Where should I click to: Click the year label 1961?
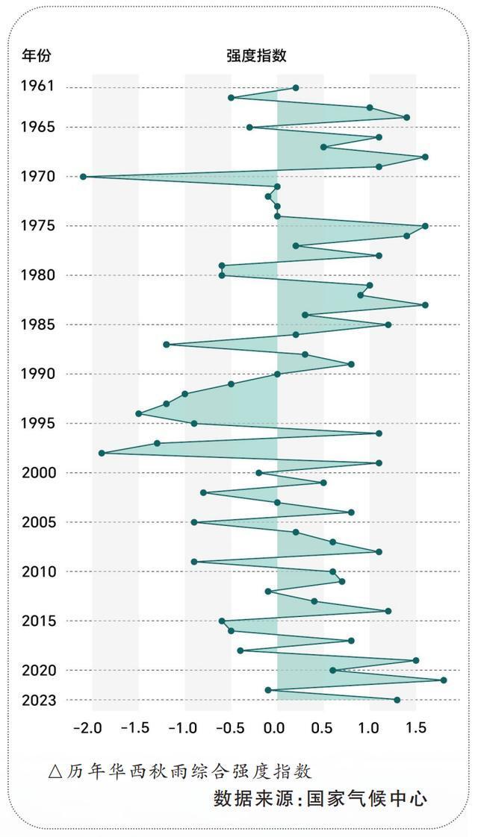point(37,87)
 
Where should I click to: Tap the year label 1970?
point(37,176)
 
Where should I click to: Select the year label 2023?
point(37,700)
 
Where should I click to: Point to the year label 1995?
point(37,423)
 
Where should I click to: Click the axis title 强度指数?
point(256,55)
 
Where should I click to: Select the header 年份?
point(37,55)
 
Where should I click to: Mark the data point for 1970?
point(83,177)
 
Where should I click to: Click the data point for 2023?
point(397,700)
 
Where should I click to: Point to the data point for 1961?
point(296,88)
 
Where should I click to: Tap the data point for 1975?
point(425,226)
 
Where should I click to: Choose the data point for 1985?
point(388,325)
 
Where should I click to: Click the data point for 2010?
point(332,572)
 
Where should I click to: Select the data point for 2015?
point(222,621)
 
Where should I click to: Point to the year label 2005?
point(37,522)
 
